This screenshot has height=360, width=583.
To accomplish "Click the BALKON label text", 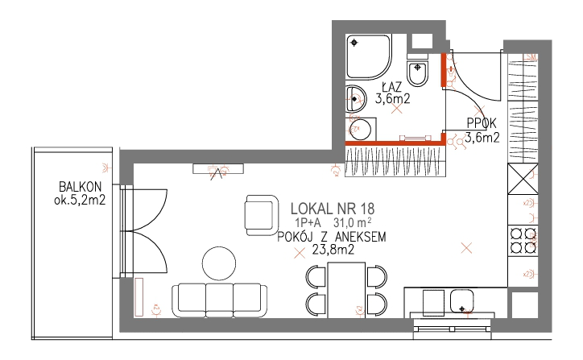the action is tap(80, 186).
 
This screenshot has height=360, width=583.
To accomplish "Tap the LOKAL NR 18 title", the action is tap(333, 209).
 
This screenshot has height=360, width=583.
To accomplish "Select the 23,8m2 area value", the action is tap(333, 249).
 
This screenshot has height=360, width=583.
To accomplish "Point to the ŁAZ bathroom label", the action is tap(392, 87).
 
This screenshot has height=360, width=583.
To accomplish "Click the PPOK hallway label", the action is tap(482, 123).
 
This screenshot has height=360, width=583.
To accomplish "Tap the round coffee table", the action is tap(219, 263).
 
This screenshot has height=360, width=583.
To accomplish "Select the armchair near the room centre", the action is tap(262, 215).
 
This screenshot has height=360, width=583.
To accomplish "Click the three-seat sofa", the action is tap(219, 300).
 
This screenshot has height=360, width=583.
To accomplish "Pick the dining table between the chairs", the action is tap(346, 290).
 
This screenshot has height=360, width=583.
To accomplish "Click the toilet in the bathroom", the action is tap(418, 71).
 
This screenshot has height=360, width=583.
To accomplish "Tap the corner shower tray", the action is tap(369, 56).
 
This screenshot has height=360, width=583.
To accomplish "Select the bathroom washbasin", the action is tap(355, 99).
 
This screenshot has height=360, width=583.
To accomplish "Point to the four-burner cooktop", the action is tap(523, 240).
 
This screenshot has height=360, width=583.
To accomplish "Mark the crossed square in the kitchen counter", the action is tap(523, 179).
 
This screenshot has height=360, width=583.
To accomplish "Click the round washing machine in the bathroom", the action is tap(360, 129).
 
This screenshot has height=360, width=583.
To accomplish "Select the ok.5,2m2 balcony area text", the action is tap(80, 200).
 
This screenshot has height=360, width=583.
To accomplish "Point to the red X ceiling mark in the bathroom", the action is tap(397, 109).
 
